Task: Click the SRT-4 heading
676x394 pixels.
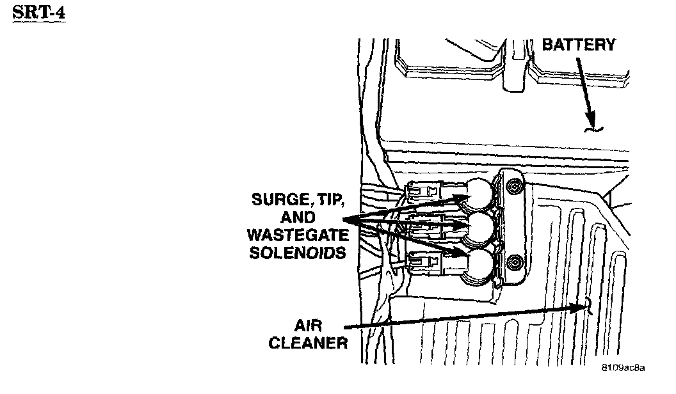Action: coord(39,13)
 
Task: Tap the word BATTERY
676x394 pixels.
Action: coord(579,45)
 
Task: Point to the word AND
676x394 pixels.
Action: coord(299,218)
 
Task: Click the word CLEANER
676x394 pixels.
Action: coord(308,343)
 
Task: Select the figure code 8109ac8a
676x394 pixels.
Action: coord(622,368)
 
